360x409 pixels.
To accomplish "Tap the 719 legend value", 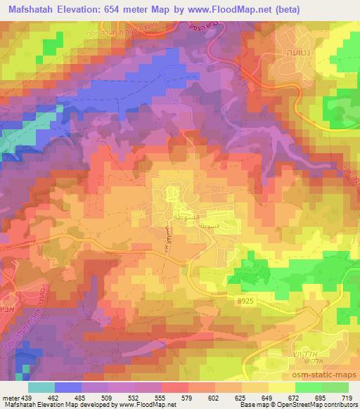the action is click(x=348, y=398).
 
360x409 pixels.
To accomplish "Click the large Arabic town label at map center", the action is click(x=198, y=212).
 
